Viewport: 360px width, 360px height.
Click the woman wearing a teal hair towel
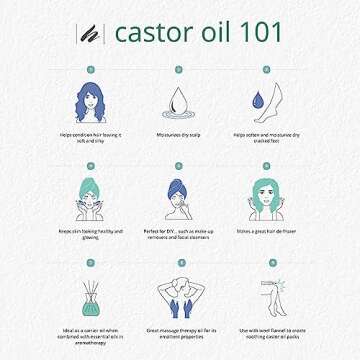coord(88,199)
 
